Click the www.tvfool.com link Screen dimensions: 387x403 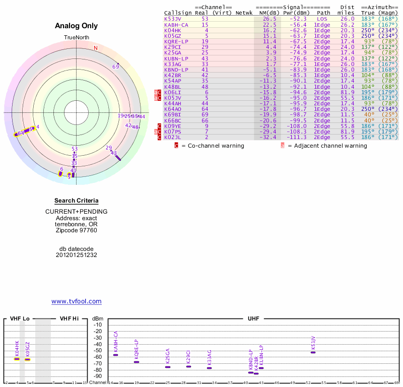(76, 301)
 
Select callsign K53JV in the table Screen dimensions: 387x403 (173, 19)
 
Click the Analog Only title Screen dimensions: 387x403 (76, 26)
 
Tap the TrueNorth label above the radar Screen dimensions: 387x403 (76, 38)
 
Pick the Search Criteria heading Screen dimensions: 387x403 (76, 201)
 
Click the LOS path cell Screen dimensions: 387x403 (322, 19)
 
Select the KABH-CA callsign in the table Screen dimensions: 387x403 (176, 25)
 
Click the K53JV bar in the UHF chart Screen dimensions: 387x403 (313, 352)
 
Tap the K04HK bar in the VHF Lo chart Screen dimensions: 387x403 (17, 359)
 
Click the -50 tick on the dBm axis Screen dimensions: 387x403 (98, 351)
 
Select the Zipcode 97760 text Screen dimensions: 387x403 (76, 230)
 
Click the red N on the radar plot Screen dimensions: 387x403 (95, 48)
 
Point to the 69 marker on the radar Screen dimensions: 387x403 (115, 67)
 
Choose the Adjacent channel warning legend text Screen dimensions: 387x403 (327, 146)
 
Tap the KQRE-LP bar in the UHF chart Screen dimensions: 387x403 (137, 362)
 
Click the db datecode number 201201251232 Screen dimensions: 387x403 (76, 255)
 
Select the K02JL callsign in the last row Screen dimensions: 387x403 (173, 137)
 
